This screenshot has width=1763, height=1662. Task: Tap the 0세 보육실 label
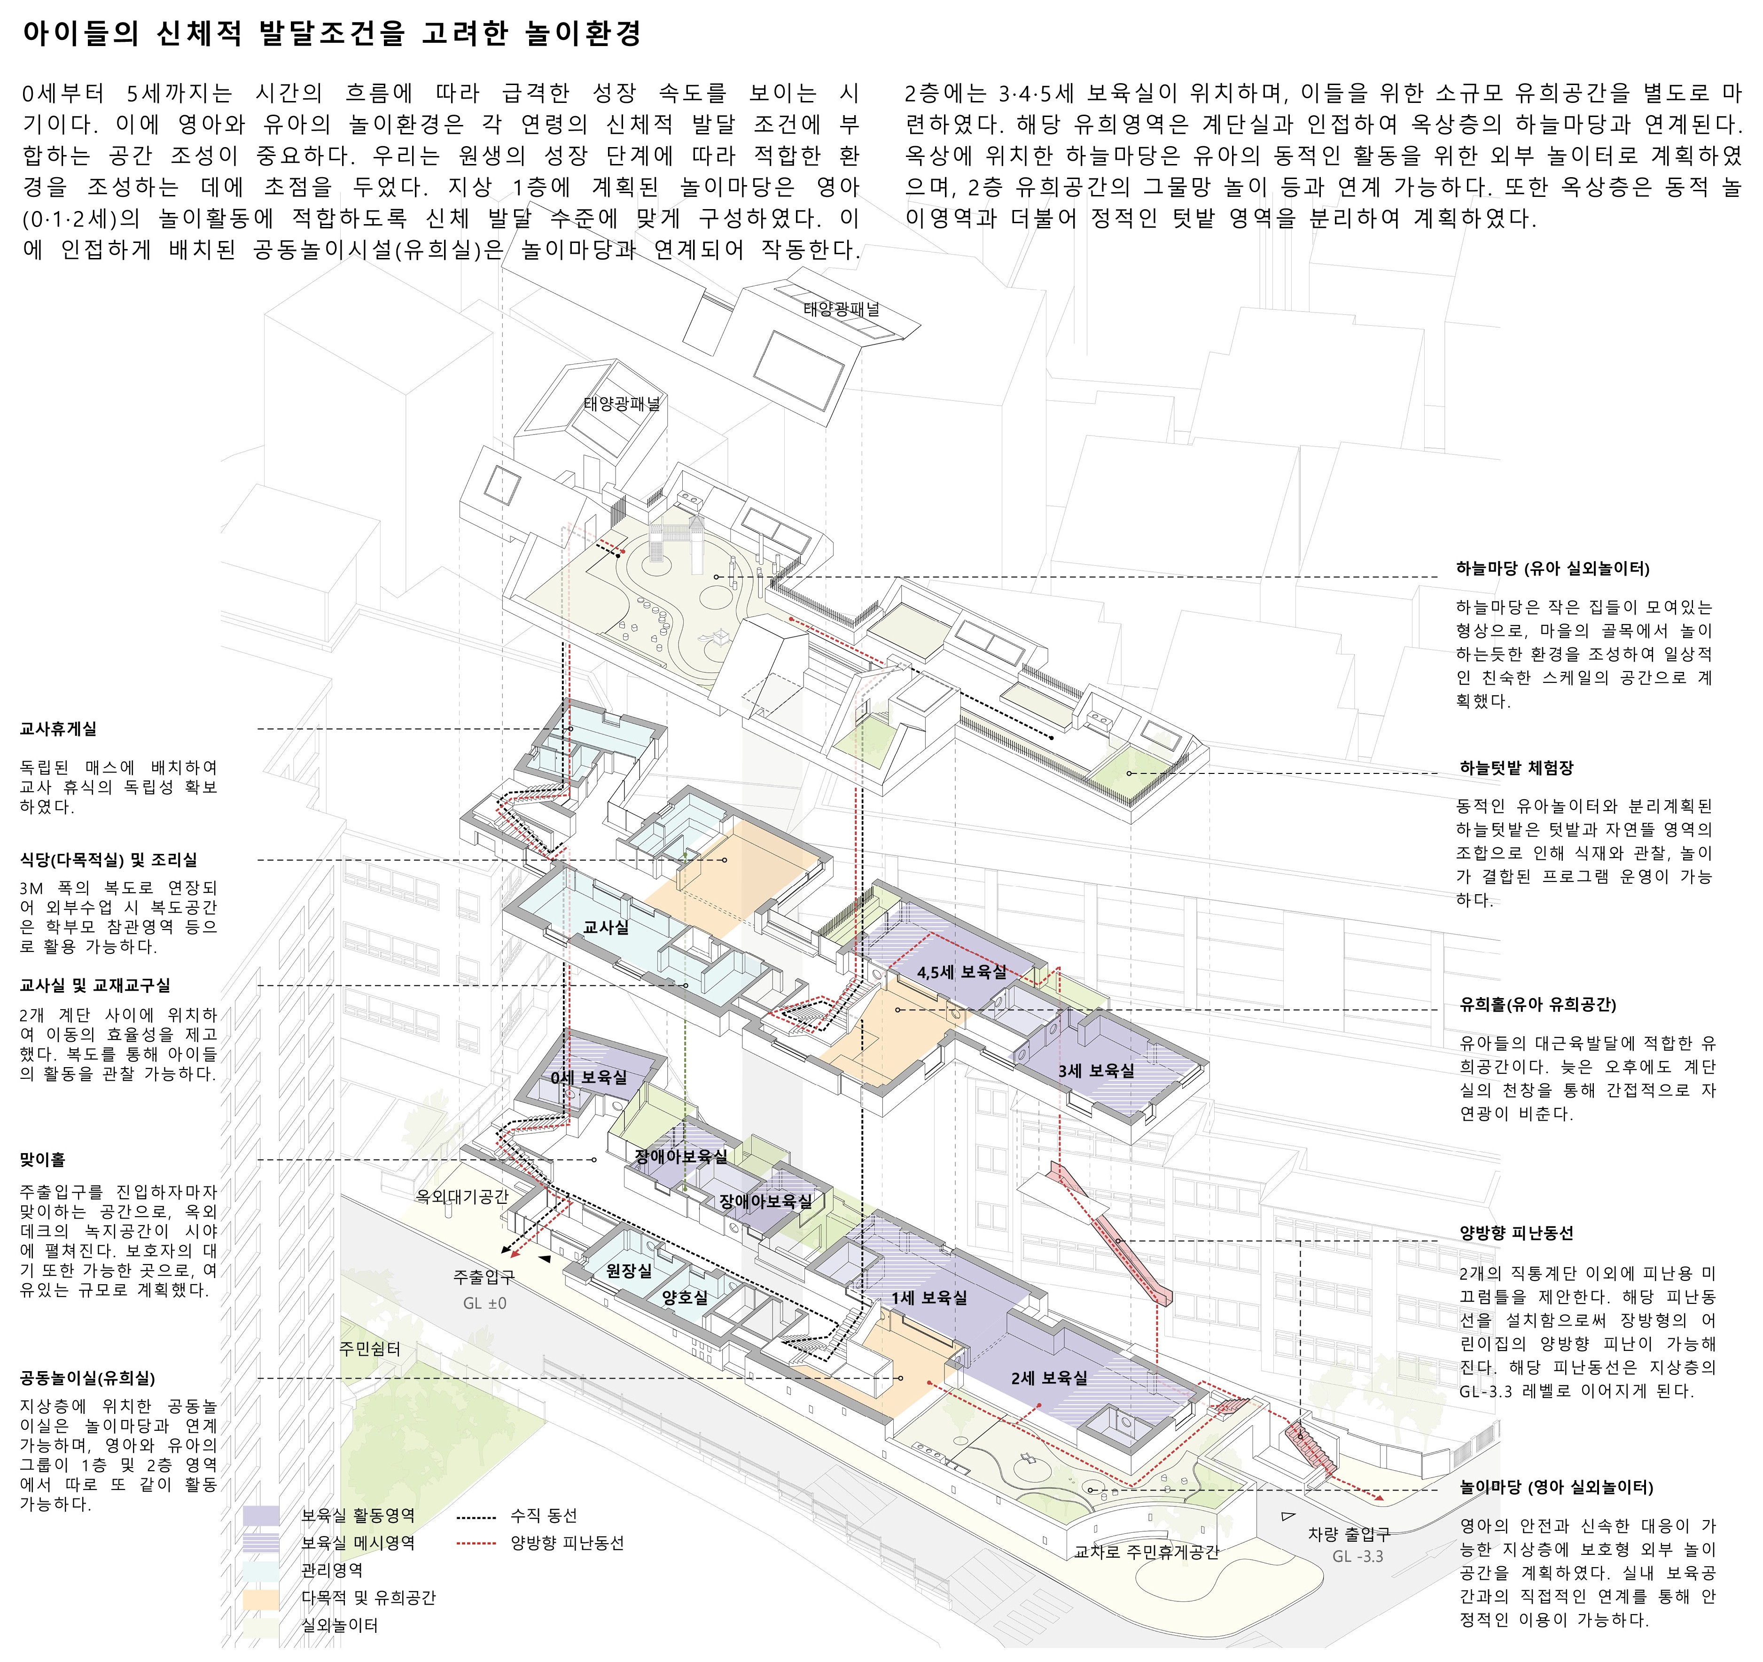[589, 1077]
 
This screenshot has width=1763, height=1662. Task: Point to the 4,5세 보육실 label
[962, 972]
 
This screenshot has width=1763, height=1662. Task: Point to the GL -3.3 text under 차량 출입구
[1357, 1556]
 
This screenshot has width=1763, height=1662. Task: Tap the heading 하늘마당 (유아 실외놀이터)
[1553, 569]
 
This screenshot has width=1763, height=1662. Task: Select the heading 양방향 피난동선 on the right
[1516, 1233]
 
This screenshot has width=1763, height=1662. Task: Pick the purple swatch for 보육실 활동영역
[261, 1516]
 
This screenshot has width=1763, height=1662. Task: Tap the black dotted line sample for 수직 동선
[476, 1516]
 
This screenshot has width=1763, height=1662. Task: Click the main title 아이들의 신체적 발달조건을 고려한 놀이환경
[332, 34]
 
